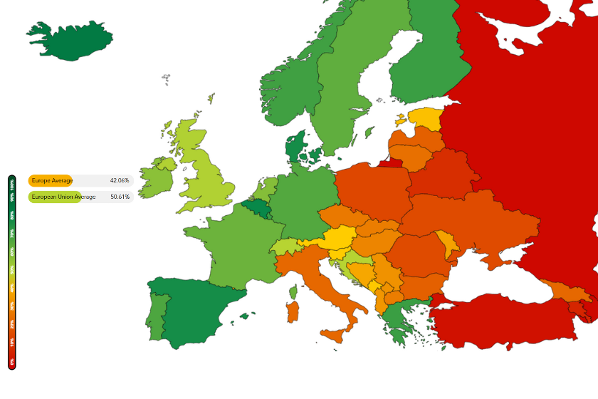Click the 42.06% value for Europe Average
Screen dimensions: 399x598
[x=120, y=181]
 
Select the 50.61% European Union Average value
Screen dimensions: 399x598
[x=120, y=197]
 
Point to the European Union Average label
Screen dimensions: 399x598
[x=63, y=197]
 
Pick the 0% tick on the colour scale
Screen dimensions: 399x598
[x=12, y=362]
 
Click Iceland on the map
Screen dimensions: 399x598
[x=68, y=40]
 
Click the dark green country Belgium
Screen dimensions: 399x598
[x=256, y=208]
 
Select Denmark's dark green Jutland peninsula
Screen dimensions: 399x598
[x=294, y=148]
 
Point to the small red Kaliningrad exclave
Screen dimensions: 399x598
[x=390, y=162]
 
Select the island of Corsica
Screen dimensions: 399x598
[x=293, y=291]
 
